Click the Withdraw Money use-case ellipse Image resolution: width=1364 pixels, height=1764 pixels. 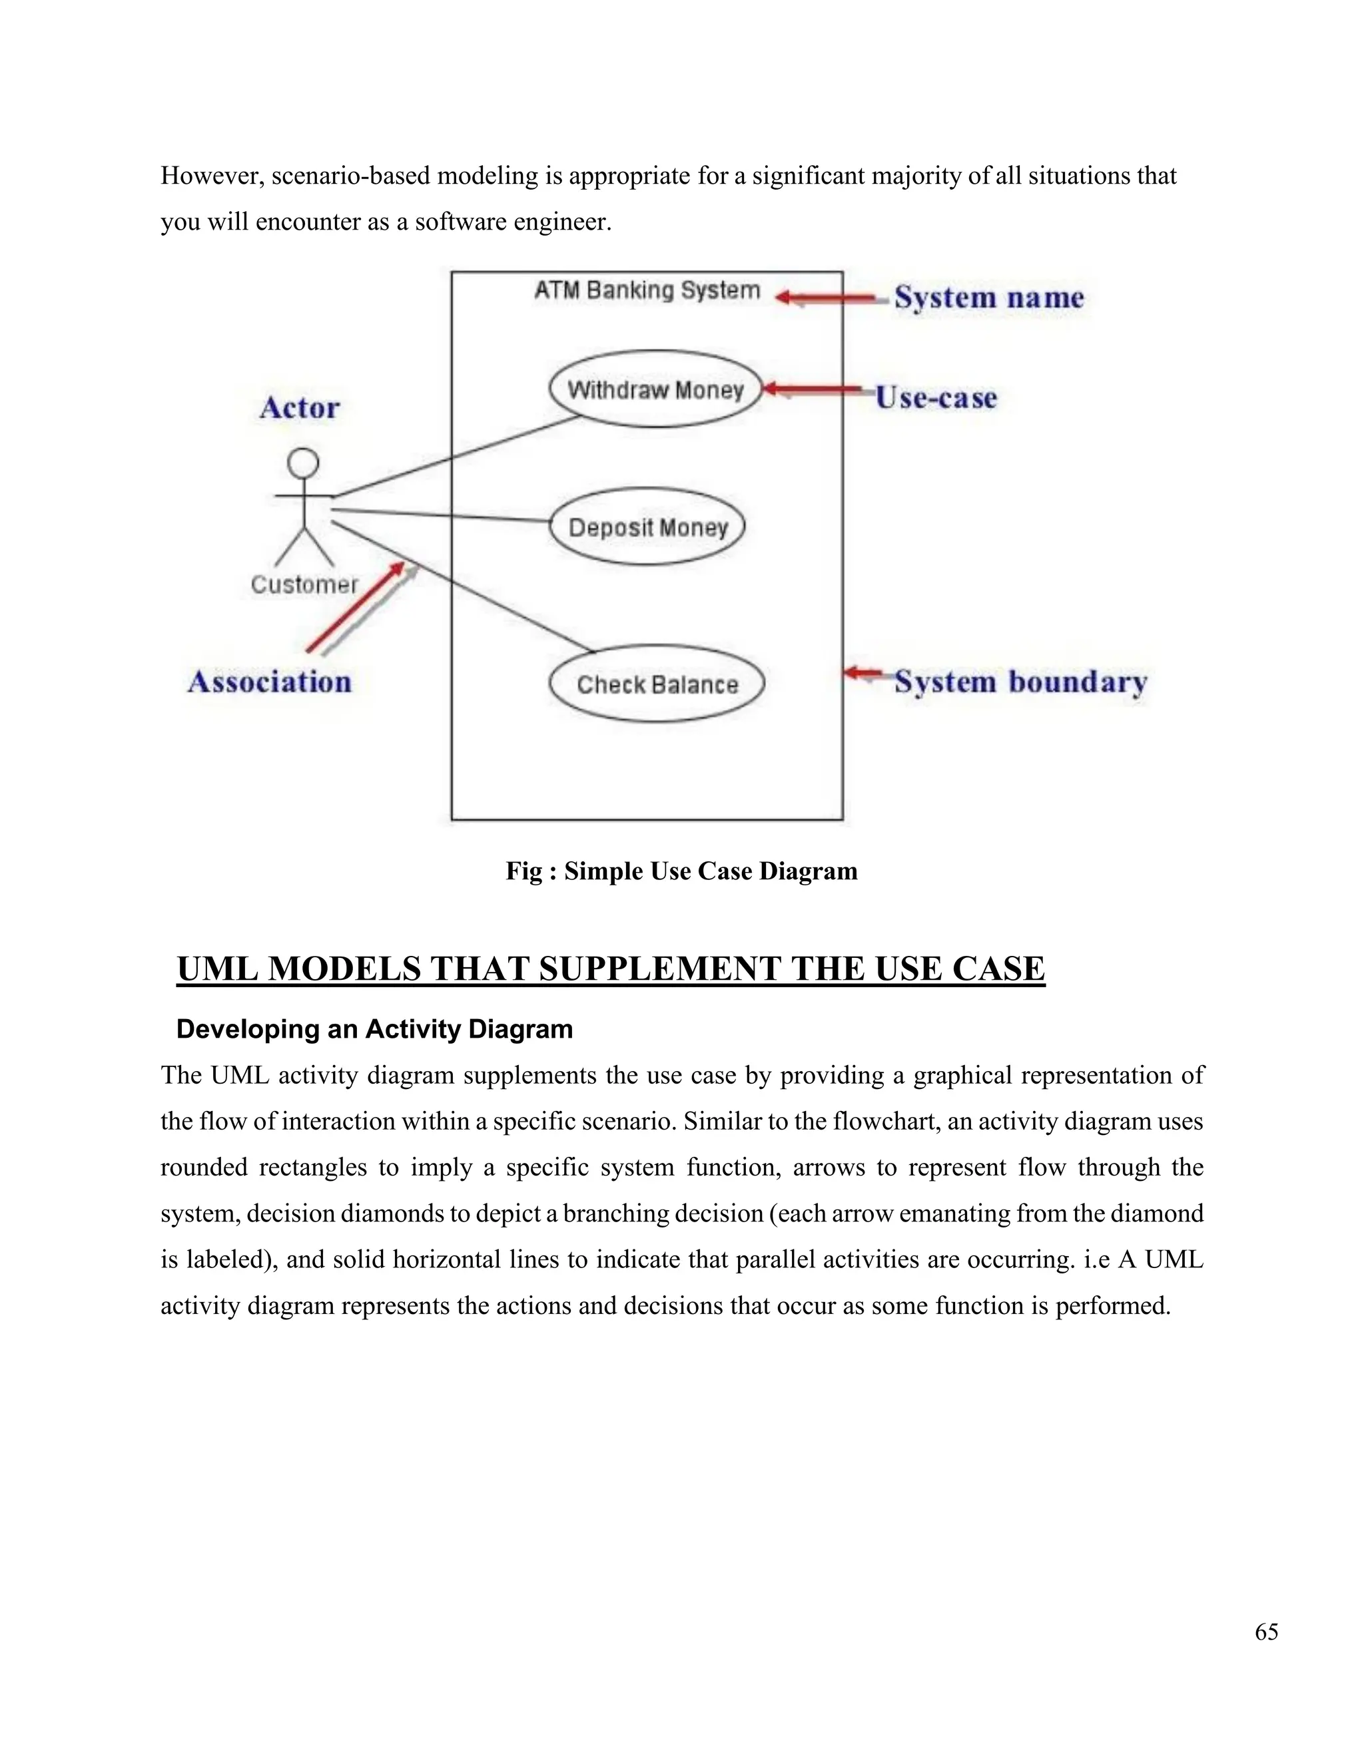[x=655, y=389]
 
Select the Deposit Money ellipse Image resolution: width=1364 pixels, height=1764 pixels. [x=647, y=527]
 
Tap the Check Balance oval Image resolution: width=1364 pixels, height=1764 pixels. [x=656, y=684]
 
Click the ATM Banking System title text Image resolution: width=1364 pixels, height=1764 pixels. [x=647, y=290]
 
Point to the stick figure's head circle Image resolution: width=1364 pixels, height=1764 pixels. [x=304, y=463]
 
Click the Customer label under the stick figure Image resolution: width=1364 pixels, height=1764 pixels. [x=304, y=584]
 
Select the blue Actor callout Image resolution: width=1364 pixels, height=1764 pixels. [x=300, y=408]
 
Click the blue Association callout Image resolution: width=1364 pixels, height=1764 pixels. [x=270, y=682]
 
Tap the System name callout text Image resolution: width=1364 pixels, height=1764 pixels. [x=989, y=298]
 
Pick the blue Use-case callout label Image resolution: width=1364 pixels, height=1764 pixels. [x=936, y=397]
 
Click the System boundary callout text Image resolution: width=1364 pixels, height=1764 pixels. [x=1020, y=682]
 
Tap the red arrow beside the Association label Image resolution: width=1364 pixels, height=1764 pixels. [x=356, y=607]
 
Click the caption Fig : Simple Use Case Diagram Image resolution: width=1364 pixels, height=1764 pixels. [x=681, y=871]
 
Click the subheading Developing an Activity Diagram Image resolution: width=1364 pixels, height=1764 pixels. [x=374, y=1029]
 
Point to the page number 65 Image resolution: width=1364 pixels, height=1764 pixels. [x=1266, y=1632]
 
